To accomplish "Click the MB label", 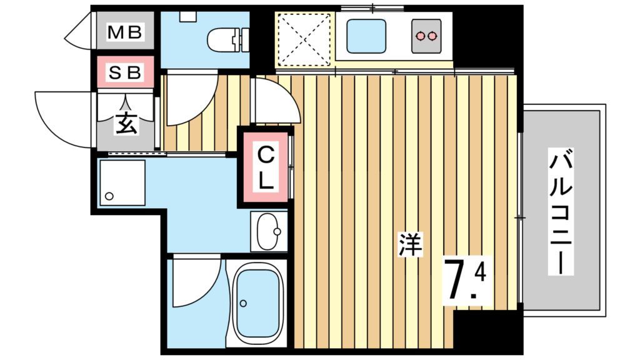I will pos(126,31).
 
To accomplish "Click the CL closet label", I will pos(266,167).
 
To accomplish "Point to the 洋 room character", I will pos(411,244).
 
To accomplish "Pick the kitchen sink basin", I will pos(366,36).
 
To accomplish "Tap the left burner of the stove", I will pos(420,36).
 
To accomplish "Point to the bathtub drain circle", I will pos(244,304).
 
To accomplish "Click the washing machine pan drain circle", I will pos(109,196).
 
